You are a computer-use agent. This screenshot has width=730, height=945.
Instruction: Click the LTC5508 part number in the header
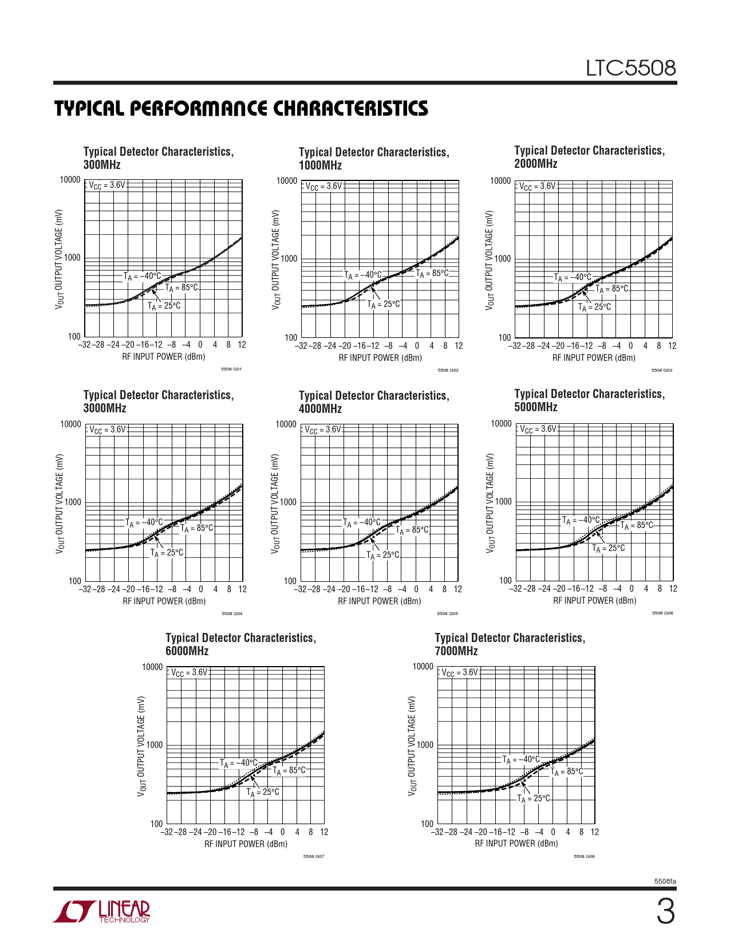coord(630,69)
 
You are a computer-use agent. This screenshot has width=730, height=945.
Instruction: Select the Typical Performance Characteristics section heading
coord(241,108)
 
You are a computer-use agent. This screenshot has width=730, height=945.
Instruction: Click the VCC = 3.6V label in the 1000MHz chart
coord(323,186)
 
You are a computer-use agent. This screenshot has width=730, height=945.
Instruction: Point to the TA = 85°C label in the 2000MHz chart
coord(611,289)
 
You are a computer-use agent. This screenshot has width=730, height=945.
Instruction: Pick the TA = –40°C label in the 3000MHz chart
coord(144,522)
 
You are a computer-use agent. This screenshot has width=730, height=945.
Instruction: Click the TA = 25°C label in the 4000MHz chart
coord(382,555)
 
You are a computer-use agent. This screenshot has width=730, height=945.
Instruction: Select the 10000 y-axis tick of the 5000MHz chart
coord(501,424)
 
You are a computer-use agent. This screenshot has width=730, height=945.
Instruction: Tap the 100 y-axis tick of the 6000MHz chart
coord(156,824)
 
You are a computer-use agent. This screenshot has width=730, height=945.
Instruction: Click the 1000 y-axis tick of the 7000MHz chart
coord(425,745)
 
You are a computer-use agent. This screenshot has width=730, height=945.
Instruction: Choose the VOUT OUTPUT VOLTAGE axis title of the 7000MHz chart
coord(411,746)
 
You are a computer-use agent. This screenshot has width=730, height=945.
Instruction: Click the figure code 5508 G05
coord(447,614)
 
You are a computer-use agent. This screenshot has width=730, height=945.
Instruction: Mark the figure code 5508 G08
coord(584,857)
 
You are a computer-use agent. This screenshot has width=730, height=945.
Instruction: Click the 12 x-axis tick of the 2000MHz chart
coord(672,346)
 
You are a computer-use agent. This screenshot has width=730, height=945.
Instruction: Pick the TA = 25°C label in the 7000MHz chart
coord(533,798)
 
